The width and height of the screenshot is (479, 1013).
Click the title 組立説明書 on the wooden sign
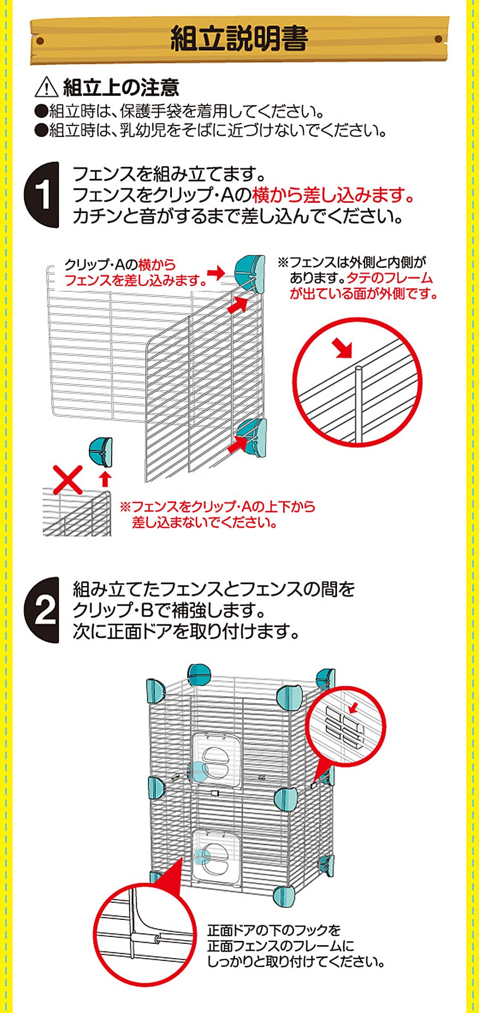[239, 39]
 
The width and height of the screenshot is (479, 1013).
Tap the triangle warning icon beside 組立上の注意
[46, 87]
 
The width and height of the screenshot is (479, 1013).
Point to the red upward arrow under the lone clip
[105, 477]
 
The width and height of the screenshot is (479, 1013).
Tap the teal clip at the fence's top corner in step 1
[250, 273]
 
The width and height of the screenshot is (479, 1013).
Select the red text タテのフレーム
[390, 277]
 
